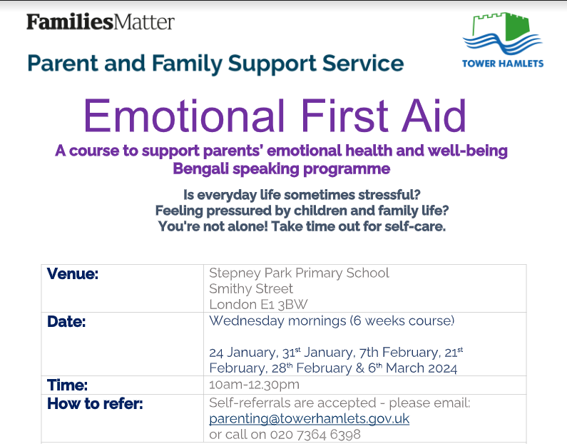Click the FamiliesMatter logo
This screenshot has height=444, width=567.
point(101,21)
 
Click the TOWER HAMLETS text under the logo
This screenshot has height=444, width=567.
point(503,64)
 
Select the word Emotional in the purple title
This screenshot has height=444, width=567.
point(185,116)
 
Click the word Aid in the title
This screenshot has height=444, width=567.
point(434,116)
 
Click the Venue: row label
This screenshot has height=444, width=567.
point(73,273)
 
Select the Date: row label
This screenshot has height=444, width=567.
point(66,322)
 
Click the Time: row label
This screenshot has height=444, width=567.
point(67,385)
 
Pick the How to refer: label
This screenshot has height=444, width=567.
point(95,404)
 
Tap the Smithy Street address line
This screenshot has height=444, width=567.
point(251,289)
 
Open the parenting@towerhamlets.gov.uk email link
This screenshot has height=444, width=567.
point(309,419)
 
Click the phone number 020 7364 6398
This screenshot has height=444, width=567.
point(315,434)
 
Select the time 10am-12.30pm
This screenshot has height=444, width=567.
point(254,385)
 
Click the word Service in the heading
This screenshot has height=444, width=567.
point(363,64)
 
